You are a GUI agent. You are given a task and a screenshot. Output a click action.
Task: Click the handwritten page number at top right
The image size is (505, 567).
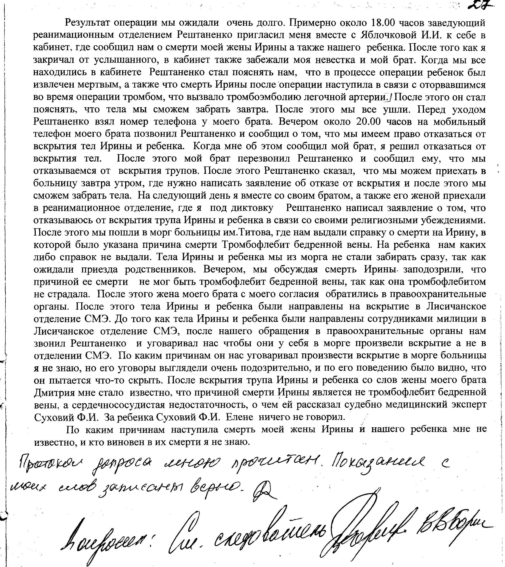coord(482,6)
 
